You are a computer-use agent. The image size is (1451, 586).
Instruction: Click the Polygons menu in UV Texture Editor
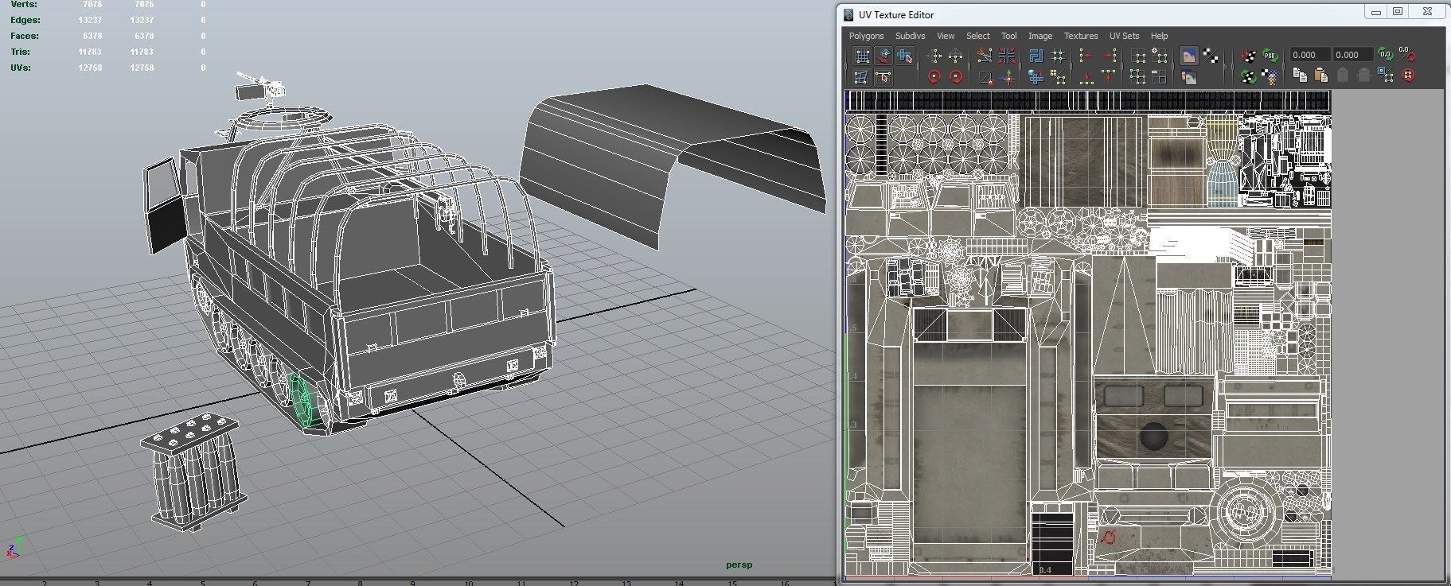pyautogui.click(x=866, y=36)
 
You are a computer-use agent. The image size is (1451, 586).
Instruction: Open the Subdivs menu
pyautogui.click(x=910, y=36)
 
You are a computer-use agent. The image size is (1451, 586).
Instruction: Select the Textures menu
pyautogui.click(x=1080, y=36)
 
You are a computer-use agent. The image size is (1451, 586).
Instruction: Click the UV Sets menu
pyautogui.click(x=1124, y=36)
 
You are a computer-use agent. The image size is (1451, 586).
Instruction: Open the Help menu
pyautogui.click(x=1159, y=36)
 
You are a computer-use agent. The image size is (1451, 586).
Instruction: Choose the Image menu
pyautogui.click(x=1039, y=36)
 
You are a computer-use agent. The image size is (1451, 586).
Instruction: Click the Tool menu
pyautogui.click(x=1008, y=36)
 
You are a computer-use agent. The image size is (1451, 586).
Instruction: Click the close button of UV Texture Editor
pyautogui.click(x=1427, y=11)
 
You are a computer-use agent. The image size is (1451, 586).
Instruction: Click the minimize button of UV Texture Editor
pyautogui.click(x=1375, y=11)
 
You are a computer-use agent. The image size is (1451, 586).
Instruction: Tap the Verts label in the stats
pyautogui.click(x=23, y=5)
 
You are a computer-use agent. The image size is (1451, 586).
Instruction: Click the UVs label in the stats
pyautogui.click(x=20, y=68)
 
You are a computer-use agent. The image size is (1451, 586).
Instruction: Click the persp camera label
pyautogui.click(x=739, y=565)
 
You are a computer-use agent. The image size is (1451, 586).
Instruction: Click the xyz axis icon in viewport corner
pyautogui.click(x=14, y=548)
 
